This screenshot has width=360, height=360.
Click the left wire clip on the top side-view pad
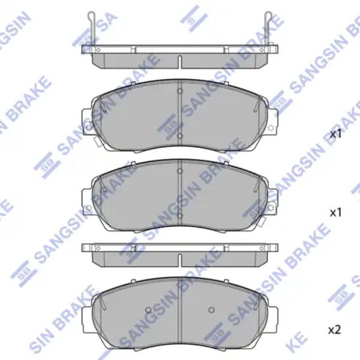tap(92, 28)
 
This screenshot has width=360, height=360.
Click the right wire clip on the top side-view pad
tap(268, 28)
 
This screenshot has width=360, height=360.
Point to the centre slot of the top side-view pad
tap(180, 62)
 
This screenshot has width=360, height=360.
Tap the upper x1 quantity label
tap(335, 134)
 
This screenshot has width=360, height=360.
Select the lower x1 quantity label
tap(335, 213)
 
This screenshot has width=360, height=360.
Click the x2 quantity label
tap(335, 331)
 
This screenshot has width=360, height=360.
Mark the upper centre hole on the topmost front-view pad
tap(180, 91)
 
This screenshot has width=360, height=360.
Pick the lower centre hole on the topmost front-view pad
tap(180, 136)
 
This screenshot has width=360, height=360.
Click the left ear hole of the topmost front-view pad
tap(88, 128)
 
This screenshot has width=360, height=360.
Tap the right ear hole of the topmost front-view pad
tap(271, 128)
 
